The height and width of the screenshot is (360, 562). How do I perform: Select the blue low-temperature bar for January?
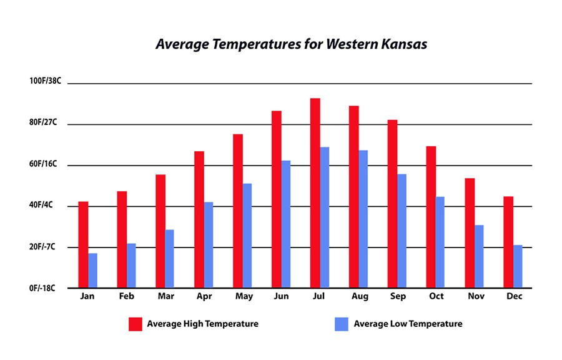tap(92, 270)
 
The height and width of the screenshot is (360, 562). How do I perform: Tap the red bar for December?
tap(508, 242)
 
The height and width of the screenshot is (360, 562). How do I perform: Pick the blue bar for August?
tap(363, 219)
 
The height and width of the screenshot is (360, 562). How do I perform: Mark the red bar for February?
tap(122, 239)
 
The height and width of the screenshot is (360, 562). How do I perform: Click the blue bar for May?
tap(247, 235)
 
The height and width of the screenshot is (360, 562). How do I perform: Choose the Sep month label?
tap(397, 296)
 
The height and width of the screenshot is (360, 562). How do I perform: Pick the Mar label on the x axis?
tap(165, 296)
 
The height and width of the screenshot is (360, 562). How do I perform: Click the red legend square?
tap(136, 324)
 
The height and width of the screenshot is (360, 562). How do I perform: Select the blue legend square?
tap(341, 324)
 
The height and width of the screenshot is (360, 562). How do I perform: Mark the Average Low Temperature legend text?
tap(408, 324)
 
